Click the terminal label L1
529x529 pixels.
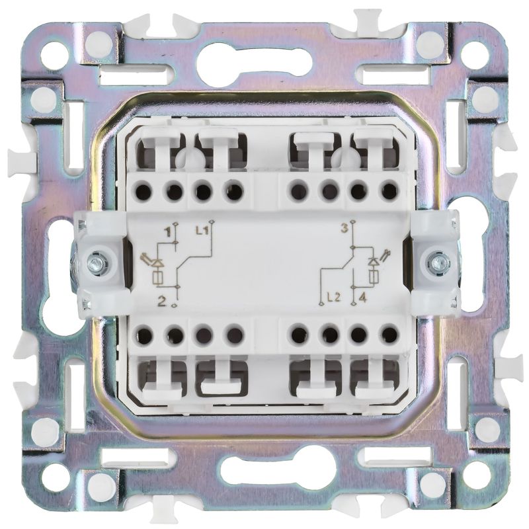click(202, 231)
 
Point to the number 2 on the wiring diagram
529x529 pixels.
click(162, 301)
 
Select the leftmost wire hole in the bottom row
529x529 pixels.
click(144, 335)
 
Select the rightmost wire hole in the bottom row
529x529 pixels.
click(388, 335)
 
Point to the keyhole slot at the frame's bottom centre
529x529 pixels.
click(265, 473)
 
